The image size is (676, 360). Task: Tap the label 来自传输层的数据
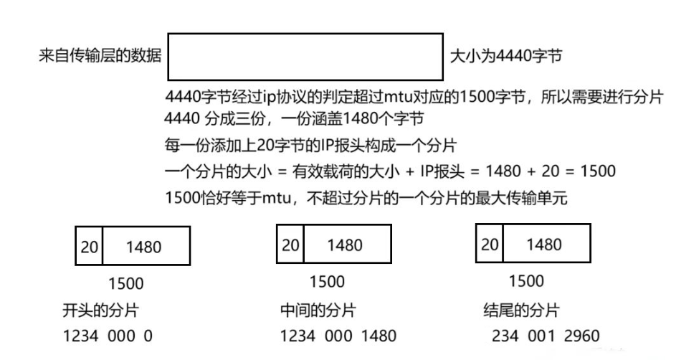click(x=100, y=56)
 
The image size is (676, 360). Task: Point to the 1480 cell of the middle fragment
click(x=347, y=245)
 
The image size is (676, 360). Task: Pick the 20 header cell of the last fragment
click(x=490, y=244)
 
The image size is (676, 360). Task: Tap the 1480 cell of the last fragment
click(x=546, y=244)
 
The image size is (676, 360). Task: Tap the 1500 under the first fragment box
click(x=123, y=282)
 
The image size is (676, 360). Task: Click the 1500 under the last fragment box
click(x=525, y=280)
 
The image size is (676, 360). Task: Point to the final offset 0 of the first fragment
click(x=148, y=335)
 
